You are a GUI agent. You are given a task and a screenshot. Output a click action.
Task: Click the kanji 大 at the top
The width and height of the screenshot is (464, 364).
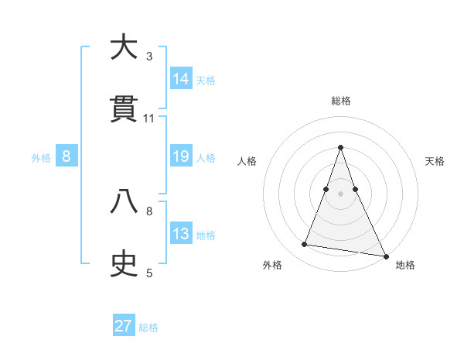coord(124,49)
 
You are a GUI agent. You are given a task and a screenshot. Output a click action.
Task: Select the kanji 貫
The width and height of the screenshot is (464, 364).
coord(124,110)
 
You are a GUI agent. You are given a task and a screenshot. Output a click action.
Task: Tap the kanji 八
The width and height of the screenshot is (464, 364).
coord(124,202)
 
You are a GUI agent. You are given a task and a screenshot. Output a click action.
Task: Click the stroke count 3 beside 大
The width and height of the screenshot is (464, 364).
coord(149,57)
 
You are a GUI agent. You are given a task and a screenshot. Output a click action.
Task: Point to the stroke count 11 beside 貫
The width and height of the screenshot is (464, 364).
coord(149,118)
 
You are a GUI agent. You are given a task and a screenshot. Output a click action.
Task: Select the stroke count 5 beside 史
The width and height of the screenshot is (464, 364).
coord(149,273)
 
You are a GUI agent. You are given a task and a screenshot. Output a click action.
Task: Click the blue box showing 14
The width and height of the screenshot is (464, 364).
coord(181,79)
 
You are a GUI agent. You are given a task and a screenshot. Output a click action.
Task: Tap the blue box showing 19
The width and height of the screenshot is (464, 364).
coord(181,156)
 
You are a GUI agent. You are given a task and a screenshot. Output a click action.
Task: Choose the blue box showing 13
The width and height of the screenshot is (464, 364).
coord(181,234)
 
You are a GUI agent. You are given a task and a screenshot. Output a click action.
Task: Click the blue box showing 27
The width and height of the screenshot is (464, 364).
coord(124,326)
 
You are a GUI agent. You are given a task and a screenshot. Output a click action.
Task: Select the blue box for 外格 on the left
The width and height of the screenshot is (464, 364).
coord(67,156)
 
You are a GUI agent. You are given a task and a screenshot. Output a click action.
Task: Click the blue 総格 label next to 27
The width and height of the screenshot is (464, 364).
coord(148,328)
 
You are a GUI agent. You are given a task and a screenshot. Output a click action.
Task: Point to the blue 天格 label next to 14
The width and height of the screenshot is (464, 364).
coord(206,81)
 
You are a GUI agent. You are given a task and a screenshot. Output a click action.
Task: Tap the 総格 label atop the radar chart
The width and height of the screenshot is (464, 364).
coord(341,101)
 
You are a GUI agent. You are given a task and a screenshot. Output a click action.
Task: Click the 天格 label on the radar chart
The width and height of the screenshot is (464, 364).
coord(435,161)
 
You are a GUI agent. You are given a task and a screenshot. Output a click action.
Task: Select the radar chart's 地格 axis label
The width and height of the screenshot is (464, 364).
coord(405,265)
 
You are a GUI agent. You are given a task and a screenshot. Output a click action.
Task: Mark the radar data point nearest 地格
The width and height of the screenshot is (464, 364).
coord(386,255)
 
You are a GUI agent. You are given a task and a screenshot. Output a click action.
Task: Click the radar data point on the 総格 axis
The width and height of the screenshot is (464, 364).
coord(341,147)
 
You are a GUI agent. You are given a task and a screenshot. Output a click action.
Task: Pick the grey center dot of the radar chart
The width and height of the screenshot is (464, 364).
coord(341,194)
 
